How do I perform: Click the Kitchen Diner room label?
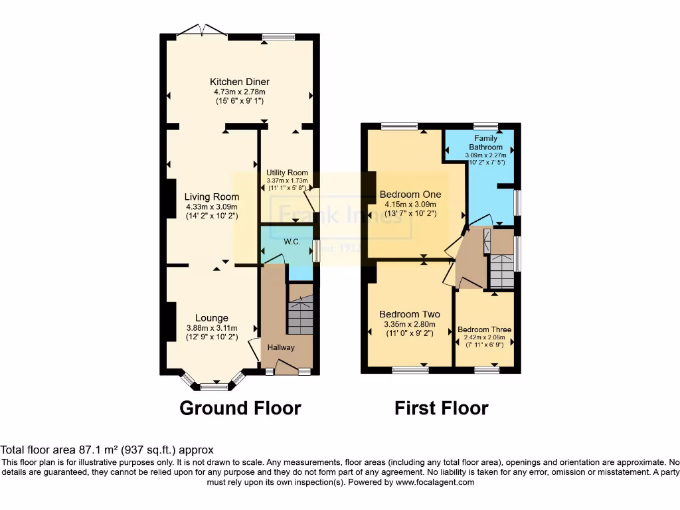click(241, 82)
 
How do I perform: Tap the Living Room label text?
click(212, 197)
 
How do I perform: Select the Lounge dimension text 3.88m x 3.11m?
click(212, 327)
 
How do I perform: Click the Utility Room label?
click(288, 173)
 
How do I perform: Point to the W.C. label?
click(292, 242)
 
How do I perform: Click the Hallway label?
click(281, 347)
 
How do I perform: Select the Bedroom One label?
click(410, 195)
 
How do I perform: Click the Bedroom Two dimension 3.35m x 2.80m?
click(410, 324)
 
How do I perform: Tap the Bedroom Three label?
click(484, 329)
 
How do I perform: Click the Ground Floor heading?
click(240, 408)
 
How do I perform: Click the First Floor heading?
click(441, 408)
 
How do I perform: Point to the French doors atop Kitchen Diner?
click(203, 31)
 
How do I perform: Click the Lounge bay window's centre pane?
click(213, 386)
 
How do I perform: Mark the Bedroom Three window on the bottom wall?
click(487, 369)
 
